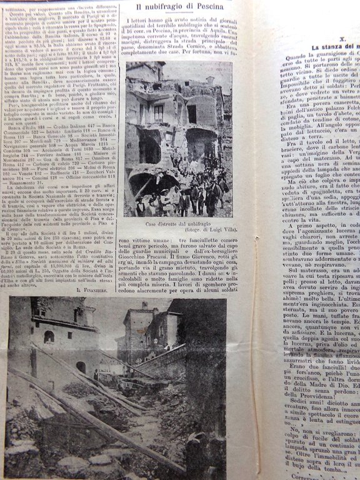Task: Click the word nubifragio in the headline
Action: coord(164,7)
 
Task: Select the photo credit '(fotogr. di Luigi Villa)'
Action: coord(201,232)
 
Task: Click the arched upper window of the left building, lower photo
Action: coord(49,337)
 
